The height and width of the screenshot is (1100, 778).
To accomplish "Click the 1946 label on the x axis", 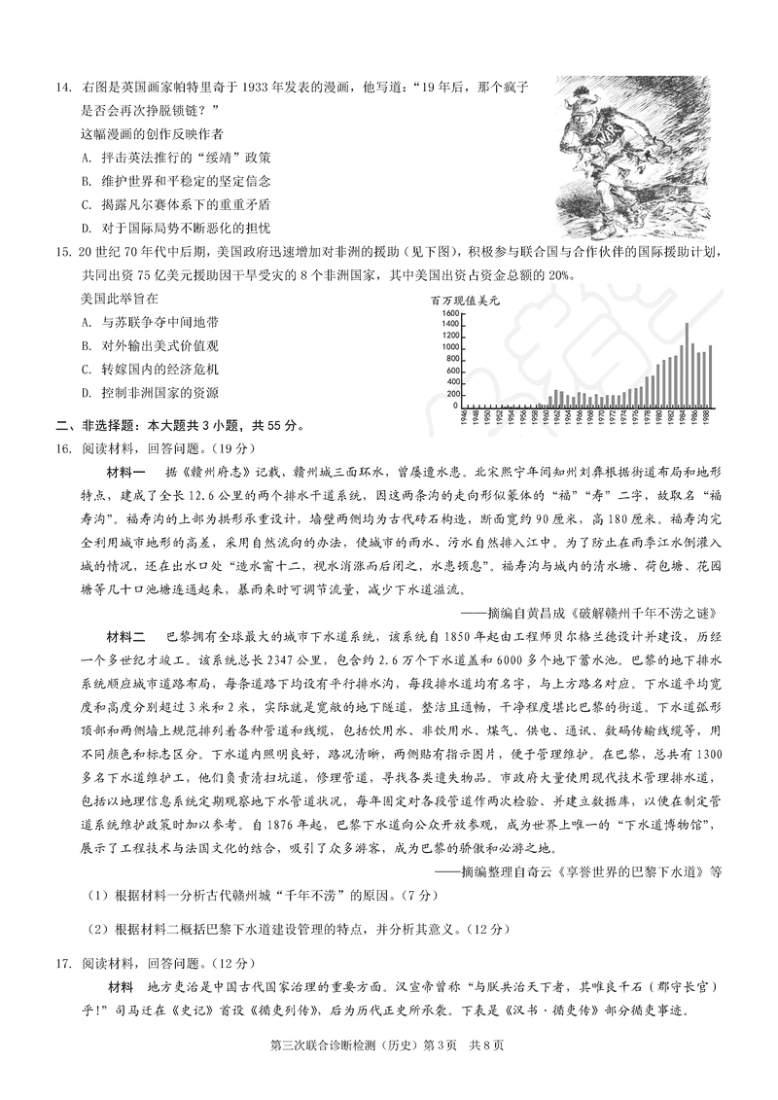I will click(466, 417).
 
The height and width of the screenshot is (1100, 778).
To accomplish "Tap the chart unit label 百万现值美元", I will click(466, 301).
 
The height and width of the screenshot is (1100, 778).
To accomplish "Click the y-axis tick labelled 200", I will click(451, 393).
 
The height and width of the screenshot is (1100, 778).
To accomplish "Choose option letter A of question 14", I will click(86, 157).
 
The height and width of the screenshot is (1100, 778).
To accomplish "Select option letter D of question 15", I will click(86, 393).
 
